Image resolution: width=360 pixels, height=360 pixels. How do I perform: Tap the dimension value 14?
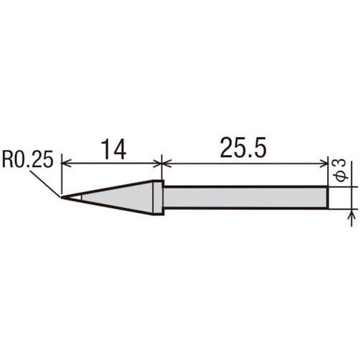click(112, 149)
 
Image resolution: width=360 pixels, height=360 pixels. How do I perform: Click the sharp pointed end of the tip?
click(63, 197)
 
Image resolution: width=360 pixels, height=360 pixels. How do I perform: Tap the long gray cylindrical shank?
click(245, 197)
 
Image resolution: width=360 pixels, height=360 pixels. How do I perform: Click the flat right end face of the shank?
click(329, 197)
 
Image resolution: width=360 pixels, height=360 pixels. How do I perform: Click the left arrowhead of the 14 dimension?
click(66, 163)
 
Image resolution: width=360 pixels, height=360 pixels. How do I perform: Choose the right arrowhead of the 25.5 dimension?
click(325, 163)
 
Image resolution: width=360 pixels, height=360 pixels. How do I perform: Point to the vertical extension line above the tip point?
click(62, 176)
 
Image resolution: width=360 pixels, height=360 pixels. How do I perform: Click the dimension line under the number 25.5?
click(245, 163)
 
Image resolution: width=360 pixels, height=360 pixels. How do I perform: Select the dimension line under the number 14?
click(112, 163)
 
